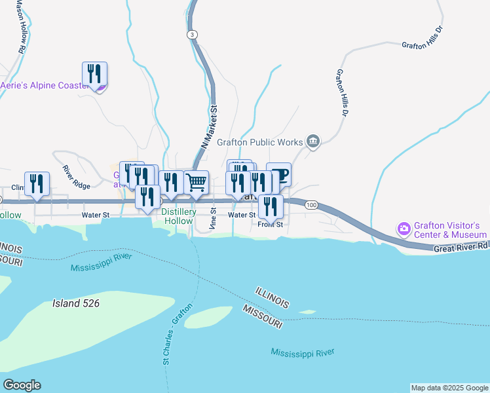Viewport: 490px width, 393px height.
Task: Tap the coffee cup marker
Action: [278, 174]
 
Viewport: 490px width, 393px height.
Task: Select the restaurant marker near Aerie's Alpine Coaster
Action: [95, 74]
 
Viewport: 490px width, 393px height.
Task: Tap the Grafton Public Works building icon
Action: [313, 141]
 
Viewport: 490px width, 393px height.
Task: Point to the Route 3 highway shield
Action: [191, 34]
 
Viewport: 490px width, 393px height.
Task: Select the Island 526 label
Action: [76, 303]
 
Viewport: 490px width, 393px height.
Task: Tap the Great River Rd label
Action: [461, 247]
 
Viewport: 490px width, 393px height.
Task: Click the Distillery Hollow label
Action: [178, 216]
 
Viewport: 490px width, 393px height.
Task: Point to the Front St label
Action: [269, 224]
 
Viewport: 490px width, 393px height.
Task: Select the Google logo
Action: [22, 385]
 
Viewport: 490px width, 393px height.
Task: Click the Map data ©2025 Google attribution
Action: [449, 388]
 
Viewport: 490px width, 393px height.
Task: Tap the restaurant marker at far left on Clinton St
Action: [37, 184]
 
